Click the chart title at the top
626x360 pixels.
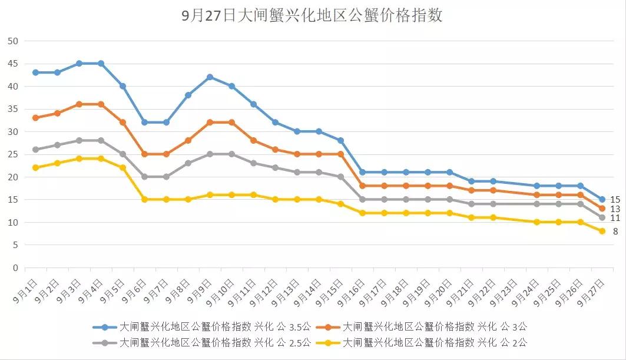click(313, 16)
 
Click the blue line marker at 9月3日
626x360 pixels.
click(79, 63)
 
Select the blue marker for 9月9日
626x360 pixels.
click(210, 77)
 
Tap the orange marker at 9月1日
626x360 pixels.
click(35, 118)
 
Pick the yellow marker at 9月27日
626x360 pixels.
click(602, 232)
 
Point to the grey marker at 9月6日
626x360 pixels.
click(144, 177)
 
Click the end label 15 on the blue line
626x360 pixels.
click(615, 200)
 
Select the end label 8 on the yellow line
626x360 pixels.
click(615, 232)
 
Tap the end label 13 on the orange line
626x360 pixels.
click(615, 209)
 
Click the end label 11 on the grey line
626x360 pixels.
click(615, 218)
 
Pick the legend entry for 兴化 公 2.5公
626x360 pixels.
click(200, 342)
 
